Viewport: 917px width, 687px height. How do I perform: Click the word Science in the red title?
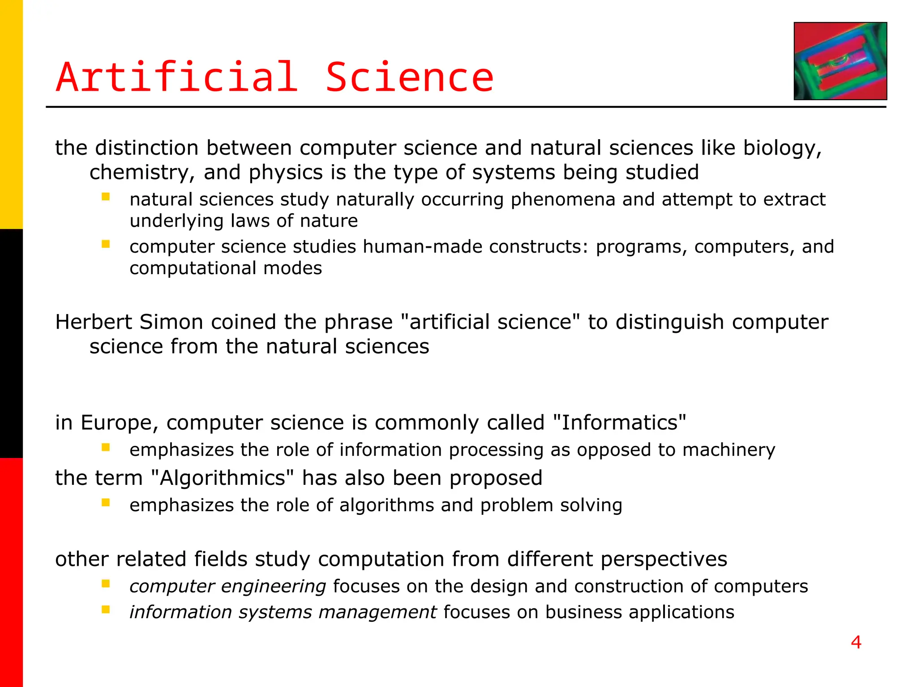[409, 78]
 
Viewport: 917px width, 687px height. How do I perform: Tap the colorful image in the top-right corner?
[840, 61]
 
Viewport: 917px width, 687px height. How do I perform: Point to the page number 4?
[856, 642]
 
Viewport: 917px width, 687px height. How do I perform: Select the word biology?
[782, 148]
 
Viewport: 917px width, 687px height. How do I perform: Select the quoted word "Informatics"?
[620, 423]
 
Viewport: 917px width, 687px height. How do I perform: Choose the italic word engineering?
[274, 586]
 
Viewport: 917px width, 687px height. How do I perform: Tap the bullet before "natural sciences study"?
[106, 197]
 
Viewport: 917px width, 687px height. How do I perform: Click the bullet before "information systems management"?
[106, 610]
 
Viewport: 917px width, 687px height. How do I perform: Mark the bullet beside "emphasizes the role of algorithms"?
[106, 503]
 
